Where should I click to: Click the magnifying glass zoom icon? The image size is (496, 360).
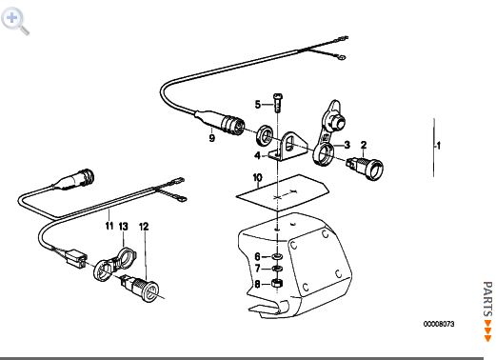pyautogui.click(x=15, y=21)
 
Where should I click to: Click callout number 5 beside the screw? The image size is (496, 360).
pyautogui.click(x=258, y=105)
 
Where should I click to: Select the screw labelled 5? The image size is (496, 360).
pyautogui.click(x=278, y=103)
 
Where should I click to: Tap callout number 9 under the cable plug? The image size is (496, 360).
pyautogui.click(x=211, y=138)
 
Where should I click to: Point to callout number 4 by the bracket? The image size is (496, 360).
pyautogui.click(x=257, y=155)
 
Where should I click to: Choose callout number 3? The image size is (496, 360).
pyautogui.click(x=347, y=145)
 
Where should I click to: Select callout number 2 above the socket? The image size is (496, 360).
pyautogui.click(x=364, y=145)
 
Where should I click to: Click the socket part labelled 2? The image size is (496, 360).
pyautogui.click(x=366, y=167)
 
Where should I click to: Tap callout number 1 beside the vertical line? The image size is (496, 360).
pyautogui.click(x=439, y=146)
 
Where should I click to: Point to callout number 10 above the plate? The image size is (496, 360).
pyautogui.click(x=257, y=177)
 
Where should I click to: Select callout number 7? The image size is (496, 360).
pyautogui.click(x=258, y=269)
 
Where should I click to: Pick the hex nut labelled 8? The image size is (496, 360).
pyautogui.click(x=277, y=283)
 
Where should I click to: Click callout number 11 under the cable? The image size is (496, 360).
pyautogui.click(x=109, y=226)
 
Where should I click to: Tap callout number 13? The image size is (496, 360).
pyautogui.click(x=124, y=227)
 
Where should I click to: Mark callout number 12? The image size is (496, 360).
pyautogui.click(x=144, y=227)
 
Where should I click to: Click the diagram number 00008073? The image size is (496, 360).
pyautogui.click(x=439, y=324)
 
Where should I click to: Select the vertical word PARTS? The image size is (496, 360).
pyautogui.click(x=487, y=299)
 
